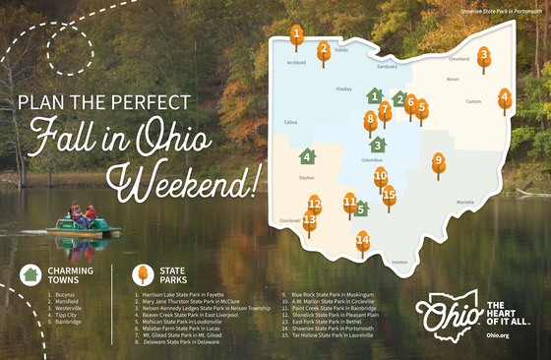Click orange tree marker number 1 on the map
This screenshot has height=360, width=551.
[296, 35]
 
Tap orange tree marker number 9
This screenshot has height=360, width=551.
[439, 162]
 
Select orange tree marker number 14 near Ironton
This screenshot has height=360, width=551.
[362, 240]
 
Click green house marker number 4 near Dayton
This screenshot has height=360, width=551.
[307, 156]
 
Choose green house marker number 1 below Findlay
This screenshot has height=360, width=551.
[374, 96]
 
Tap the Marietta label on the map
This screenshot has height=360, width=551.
[465, 202]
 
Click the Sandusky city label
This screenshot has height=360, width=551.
[387, 67]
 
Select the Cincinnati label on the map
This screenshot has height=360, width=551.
[290, 221]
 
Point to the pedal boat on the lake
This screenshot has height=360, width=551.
[83, 221]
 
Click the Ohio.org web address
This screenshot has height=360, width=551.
[497, 335]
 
